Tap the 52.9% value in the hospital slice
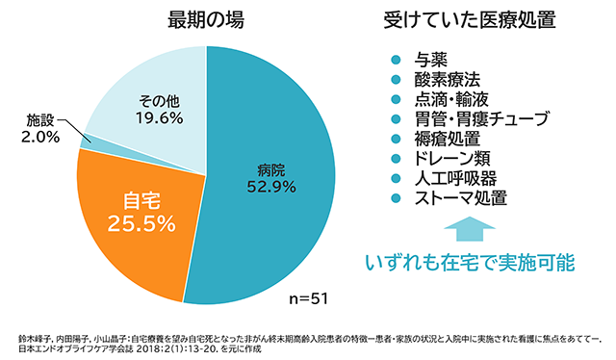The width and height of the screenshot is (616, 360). click(x=270, y=187)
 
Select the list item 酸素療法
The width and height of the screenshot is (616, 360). click(x=447, y=79)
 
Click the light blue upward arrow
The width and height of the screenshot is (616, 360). click(x=469, y=229)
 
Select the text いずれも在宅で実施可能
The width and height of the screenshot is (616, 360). click(x=470, y=262)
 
